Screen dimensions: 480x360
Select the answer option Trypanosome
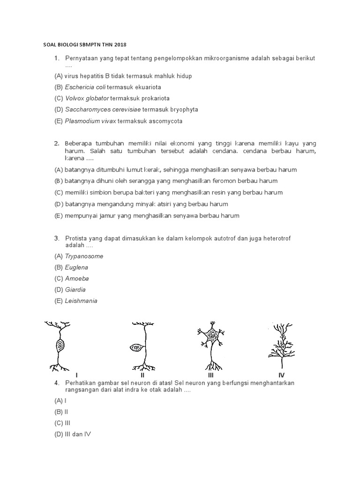point(84,256)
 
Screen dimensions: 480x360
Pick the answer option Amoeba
point(76,278)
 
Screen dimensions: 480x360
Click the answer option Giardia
point(75,290)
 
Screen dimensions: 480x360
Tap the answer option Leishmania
point(81,301)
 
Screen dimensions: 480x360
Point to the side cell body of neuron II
point(136,348)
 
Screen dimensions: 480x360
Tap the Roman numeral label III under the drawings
point(211,375)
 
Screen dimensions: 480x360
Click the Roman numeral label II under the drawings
point(142,375)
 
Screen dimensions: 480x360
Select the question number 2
point(56,143)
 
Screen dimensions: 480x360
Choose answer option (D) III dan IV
point(73,435)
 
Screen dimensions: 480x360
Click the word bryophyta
point(170,110)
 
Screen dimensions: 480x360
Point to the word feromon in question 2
point(240,181)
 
